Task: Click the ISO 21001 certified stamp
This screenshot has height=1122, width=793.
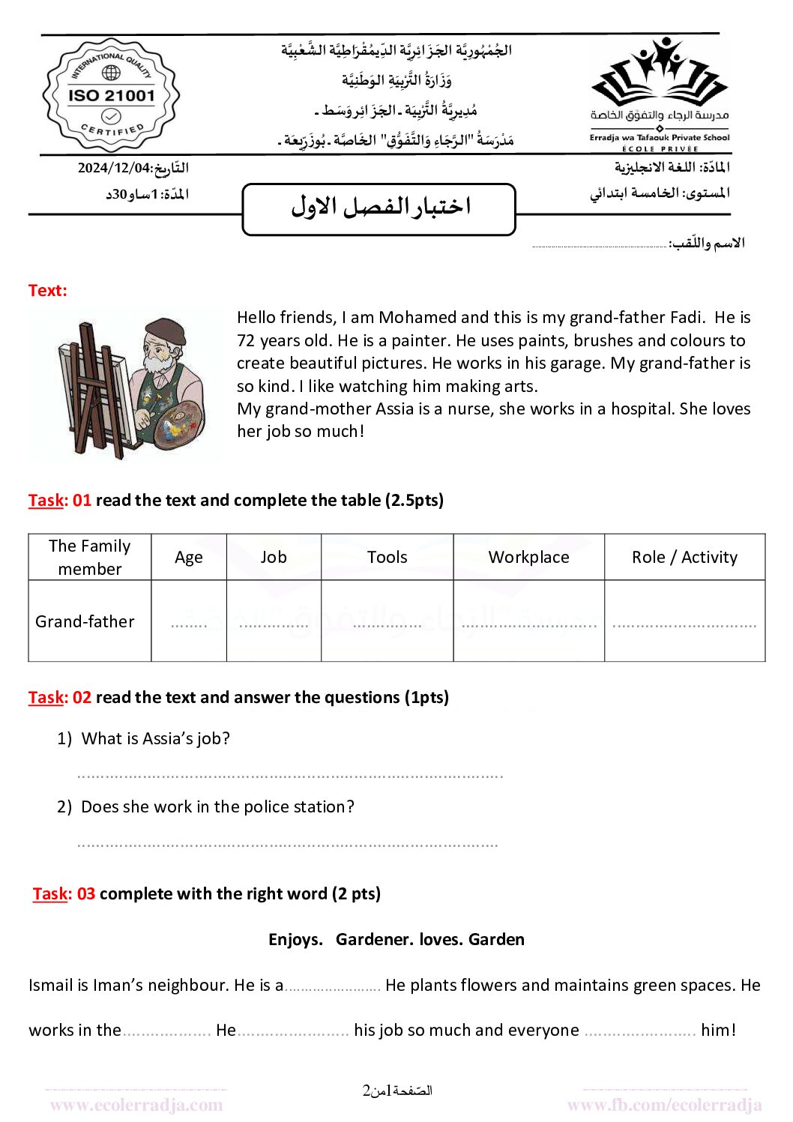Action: click(111, 95)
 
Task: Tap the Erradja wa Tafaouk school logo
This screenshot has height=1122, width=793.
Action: click(660, 94)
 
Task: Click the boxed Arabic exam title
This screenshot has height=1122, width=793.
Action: click(379, 208)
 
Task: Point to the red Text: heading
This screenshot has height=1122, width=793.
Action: click(47, 290)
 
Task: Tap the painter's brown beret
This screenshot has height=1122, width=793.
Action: click(164, 330)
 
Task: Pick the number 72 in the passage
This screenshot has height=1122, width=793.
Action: click(246, 340)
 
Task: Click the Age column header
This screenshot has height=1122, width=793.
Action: click(189, 557)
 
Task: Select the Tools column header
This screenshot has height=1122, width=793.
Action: click(387, 557)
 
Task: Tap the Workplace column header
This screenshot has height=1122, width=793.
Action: click(528, 557)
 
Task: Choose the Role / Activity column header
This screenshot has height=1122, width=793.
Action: click(684, 557)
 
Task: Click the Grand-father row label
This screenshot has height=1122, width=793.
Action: click(85, 621)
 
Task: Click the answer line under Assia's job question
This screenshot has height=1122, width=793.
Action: click(289, 775)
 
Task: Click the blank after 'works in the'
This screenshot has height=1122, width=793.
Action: click(166, 1032)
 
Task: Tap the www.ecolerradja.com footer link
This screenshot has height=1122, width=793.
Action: click(136, 1105)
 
